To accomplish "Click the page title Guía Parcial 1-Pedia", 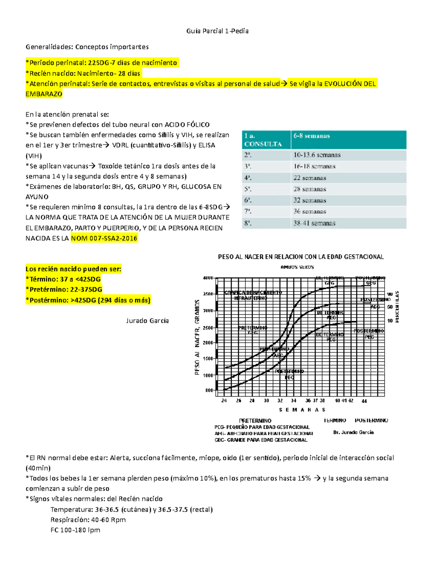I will pyautogui.click(x=217, y=31).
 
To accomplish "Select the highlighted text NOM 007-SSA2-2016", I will pyautogui.click(x=104, y=238).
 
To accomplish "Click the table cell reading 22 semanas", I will pyautogui.click(x=310, y=178).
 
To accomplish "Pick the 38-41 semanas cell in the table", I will pyautogui.click(x=314, y=223).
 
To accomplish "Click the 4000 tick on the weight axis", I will pyautogui.click(x=208, y=278).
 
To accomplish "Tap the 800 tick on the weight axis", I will pyautogui.click(x=209, y=390).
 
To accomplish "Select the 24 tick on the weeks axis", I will pyautogui.click(x=224, y=401).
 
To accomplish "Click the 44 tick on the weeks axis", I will pyautogui.click(x=364, y=401).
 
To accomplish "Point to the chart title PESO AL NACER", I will pyautogui.click(x=301, y=257).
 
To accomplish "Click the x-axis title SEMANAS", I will pyautogui.click(x=302, y=410).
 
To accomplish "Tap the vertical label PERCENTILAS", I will pyautogui.click(x=397, y=306).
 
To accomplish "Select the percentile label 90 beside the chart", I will pyautogui.click(x=390, y=294).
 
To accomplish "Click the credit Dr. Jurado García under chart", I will pyautogui.click(x=353, y=432).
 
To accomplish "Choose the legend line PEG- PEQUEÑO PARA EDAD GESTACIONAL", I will pyautogui.click(x=262, y=427).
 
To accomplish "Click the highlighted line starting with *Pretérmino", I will pyautogui.click(x=64, y=289).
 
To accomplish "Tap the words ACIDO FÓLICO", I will pyautogui.click(x=187, y=125).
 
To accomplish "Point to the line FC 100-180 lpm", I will pyautogui.click(x=75, y=530).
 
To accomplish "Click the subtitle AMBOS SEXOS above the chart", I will pyautogui.click(x=297, y=267).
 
